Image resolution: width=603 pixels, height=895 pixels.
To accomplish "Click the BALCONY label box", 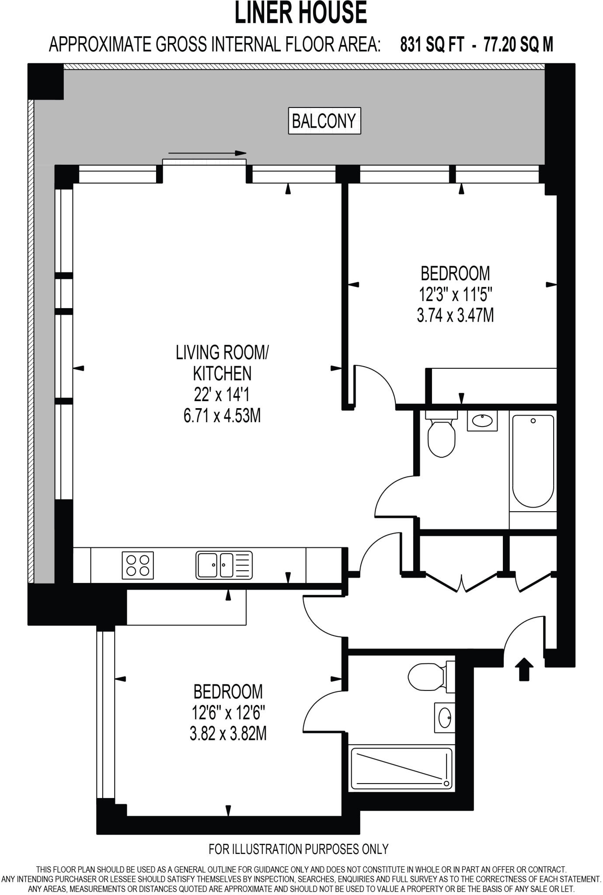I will click(x=324, y=121).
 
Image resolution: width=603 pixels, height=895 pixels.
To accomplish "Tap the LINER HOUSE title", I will click(x=301, y=13).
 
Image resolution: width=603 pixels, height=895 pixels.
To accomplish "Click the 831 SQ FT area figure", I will click(x=431, y=45).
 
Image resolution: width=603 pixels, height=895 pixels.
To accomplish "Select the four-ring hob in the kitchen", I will click(x=138, y=565).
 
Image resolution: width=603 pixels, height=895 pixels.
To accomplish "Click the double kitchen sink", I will click(x=223, y=565).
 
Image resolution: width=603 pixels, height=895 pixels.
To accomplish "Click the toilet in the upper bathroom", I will click(x=441, y=435).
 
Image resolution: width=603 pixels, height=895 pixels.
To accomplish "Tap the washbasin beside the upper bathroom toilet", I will click(x=482, y=421).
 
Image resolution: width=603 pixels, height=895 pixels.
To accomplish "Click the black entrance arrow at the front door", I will click(x=524, y=669).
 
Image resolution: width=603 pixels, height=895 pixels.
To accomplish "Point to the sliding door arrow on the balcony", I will click(x=207, y=153).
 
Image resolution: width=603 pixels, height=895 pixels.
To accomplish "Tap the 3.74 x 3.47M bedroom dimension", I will click(x=455, y=315).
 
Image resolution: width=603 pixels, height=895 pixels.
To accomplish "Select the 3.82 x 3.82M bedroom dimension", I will click(x=228, y=734).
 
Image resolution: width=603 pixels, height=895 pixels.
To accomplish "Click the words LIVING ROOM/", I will click(x=222, y=352).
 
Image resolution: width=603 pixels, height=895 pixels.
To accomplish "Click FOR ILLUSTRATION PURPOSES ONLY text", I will click(x=298, y=849).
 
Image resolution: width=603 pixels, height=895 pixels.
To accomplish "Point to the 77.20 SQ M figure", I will click(x=518, y=45).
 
